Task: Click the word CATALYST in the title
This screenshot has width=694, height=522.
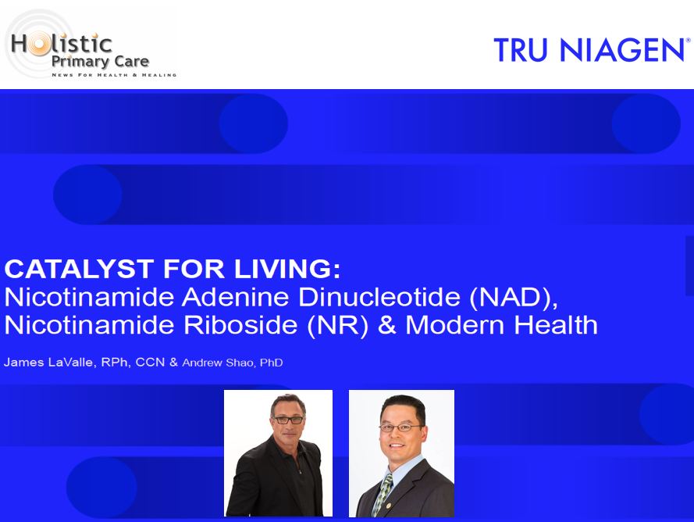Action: pos(79,269)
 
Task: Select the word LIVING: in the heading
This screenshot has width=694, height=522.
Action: pos(288,269)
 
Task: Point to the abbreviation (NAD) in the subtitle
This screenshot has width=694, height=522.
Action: pos(514,297)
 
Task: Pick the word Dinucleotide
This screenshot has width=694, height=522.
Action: pos(379,297)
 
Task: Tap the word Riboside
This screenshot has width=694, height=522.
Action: pos(240,325)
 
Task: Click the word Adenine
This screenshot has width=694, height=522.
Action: pos(236,297)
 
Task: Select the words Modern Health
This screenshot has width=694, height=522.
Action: pos(501,325)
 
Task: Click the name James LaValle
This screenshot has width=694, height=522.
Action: pos(48,363)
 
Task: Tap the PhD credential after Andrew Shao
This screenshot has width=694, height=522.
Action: pos(272,363)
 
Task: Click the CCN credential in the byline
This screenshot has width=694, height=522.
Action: pos(150,363)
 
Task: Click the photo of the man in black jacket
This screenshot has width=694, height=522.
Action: pos(279,453)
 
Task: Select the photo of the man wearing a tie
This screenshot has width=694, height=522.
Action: pos(401,453)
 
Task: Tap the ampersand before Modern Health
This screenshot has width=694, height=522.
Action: pos(387,325)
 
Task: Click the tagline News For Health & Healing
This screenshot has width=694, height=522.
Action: pos(114,75)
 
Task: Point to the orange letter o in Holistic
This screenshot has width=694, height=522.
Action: pos(39,45)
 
